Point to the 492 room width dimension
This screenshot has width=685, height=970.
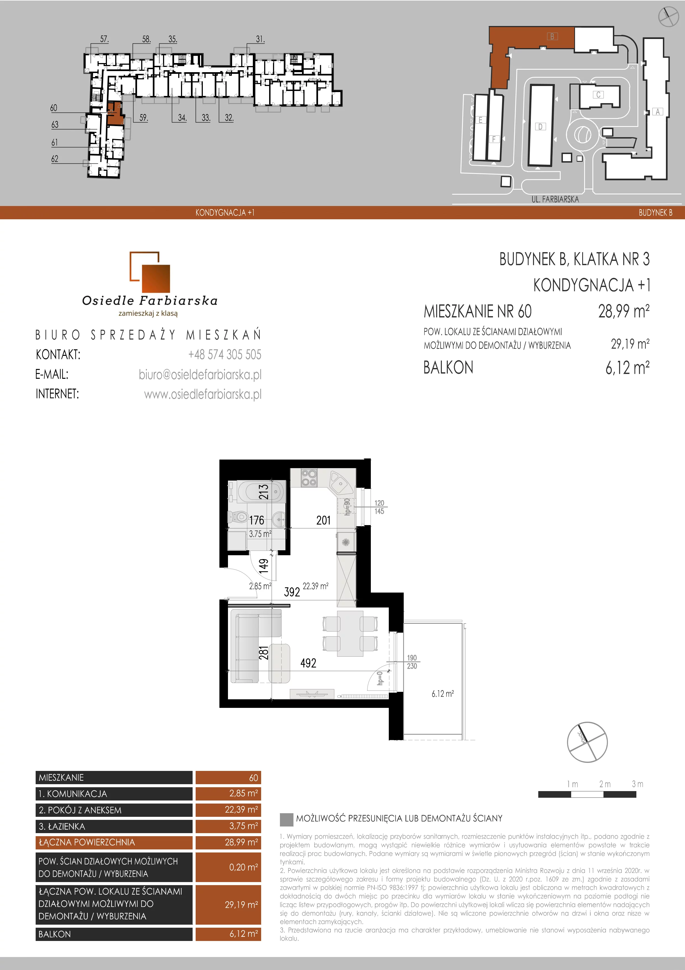308,663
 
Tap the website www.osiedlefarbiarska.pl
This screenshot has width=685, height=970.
203,394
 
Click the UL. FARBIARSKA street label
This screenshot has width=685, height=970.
555,199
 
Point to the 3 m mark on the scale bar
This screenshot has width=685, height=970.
637,784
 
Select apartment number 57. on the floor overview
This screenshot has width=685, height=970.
104,39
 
